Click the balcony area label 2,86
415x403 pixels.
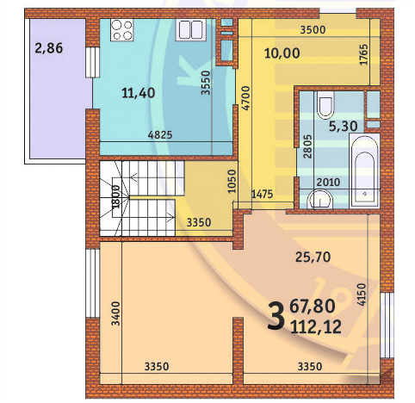(49, 48)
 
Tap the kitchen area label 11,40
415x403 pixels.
(139, 93)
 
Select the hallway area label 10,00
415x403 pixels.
(282, 53)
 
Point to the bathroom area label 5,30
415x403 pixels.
(343, 127)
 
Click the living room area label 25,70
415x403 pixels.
(313, 257)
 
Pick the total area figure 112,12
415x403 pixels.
(316, 327)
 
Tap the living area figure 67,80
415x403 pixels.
(313, 306)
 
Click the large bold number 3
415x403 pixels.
(276, 317)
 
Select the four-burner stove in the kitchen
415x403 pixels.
(122, 29)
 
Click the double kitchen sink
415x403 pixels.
(191, 29)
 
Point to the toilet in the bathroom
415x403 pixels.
(325, 105)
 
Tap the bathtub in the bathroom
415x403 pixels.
(364, 170)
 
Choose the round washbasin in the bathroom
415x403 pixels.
(320, 199)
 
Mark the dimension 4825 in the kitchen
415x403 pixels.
(160, 134)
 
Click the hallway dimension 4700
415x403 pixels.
(246, 98)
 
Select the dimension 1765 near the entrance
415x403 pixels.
(363, 54)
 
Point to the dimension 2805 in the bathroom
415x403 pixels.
(307, 146)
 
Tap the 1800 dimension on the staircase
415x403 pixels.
(115, 197)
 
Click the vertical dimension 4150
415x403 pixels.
(362, 294)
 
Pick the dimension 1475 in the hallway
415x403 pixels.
(263, 195)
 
